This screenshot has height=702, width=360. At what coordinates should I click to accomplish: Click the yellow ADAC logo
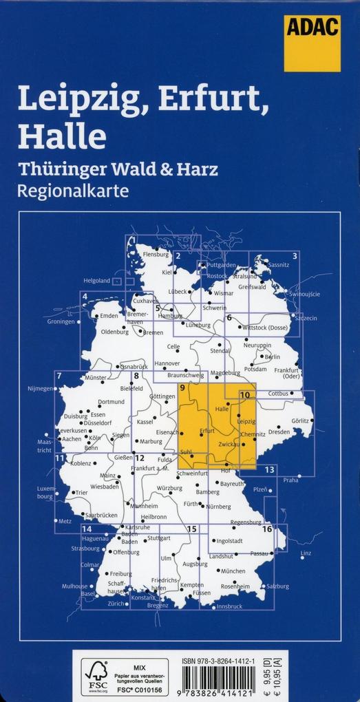[312, 43]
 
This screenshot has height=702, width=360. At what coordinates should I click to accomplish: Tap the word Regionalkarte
[74, 191]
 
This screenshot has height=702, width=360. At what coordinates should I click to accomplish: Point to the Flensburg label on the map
[155, 255]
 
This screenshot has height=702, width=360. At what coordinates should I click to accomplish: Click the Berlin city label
[272, 357]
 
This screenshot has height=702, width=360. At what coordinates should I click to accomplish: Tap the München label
[233, 571]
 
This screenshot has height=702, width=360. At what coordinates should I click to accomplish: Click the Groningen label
[61, 321]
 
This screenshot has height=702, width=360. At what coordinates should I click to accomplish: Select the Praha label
[290, 480]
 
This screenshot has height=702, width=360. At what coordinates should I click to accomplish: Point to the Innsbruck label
[229, 606]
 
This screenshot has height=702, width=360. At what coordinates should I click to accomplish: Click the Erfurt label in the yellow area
[207, 431]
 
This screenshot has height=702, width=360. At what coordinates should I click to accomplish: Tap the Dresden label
[279, 432]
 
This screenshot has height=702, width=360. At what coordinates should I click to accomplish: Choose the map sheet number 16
[267, 529]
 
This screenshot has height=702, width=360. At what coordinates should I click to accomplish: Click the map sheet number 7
[60, 376]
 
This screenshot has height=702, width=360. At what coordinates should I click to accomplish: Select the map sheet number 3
[295, 257]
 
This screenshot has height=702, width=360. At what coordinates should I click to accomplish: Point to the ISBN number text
[229, 661]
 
